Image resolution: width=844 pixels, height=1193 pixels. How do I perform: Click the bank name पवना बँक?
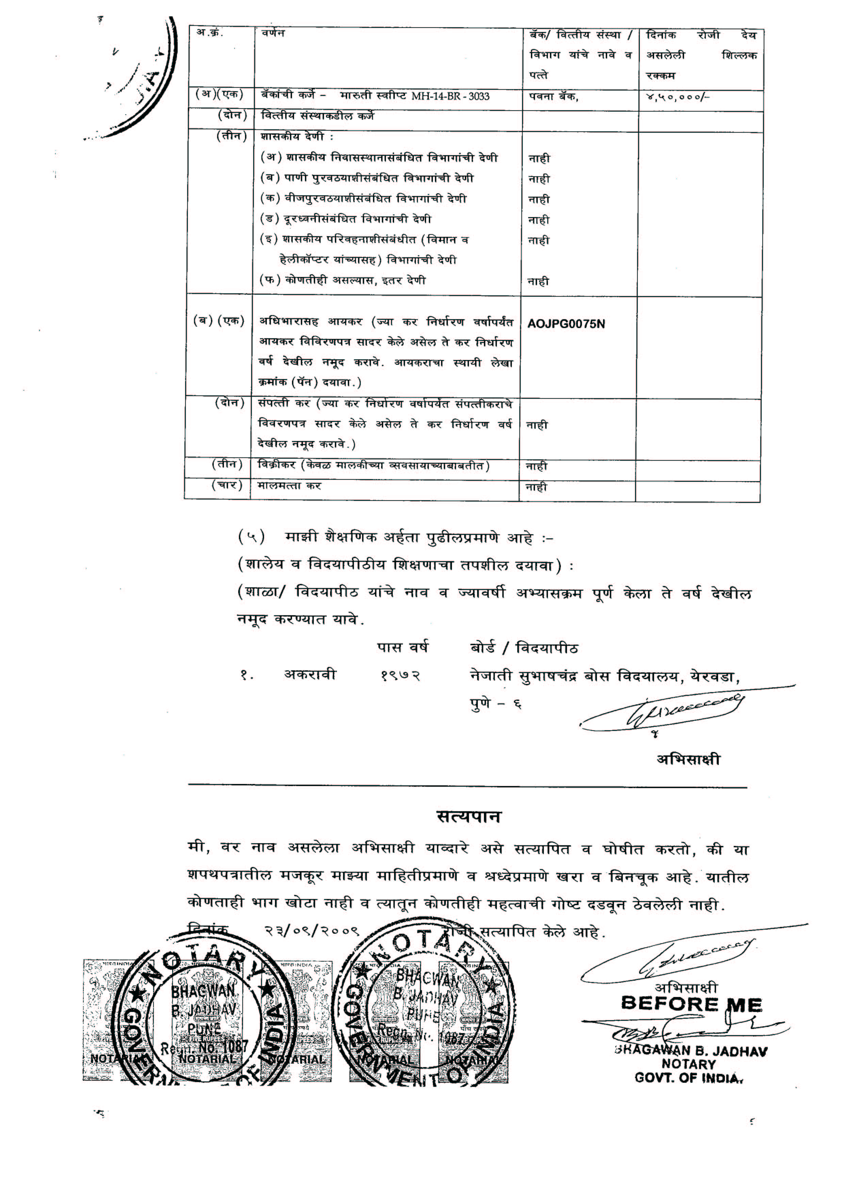[x=553, y=96]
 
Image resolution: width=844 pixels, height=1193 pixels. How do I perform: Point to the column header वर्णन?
[x=273, y=33]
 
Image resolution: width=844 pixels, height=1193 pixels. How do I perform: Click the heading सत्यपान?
[x=469, y=817]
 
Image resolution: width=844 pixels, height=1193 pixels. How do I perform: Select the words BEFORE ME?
[x=691, y=1003]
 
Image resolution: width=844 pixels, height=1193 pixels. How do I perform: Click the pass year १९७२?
[x=400, y=675]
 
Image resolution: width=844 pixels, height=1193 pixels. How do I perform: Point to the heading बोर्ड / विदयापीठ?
[x=523, y=648]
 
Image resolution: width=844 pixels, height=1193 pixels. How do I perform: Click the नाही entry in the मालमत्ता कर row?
[x=536, y=487]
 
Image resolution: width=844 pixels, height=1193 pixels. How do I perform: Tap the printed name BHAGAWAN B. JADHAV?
[x=691, y=1051]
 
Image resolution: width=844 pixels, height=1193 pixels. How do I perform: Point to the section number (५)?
[x=251, y=537]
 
